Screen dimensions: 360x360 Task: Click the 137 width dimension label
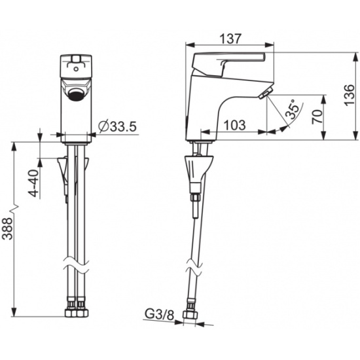tap(231, 39)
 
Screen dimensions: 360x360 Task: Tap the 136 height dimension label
tap(350, 95)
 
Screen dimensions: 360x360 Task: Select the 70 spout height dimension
tap(317, 117)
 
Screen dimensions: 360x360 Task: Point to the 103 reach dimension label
tap(234, 125)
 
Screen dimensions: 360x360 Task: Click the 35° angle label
tap(293, 109)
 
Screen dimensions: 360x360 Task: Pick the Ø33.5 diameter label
tap(118, 126)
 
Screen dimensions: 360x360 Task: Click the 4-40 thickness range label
tap(34, 183)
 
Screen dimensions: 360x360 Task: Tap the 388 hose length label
tap(8, 228)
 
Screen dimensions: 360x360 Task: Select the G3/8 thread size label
tap(159, 314)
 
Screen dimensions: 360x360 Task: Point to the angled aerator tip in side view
tap(266, 92)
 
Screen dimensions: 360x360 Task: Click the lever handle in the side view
tap(228, 64)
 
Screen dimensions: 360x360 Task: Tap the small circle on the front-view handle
tap(76, 69)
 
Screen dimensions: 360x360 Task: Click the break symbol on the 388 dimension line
tap(14, 207)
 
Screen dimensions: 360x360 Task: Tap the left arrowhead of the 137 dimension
tap(190, 45)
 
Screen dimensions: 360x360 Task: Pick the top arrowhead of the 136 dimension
tap(356, 57)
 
